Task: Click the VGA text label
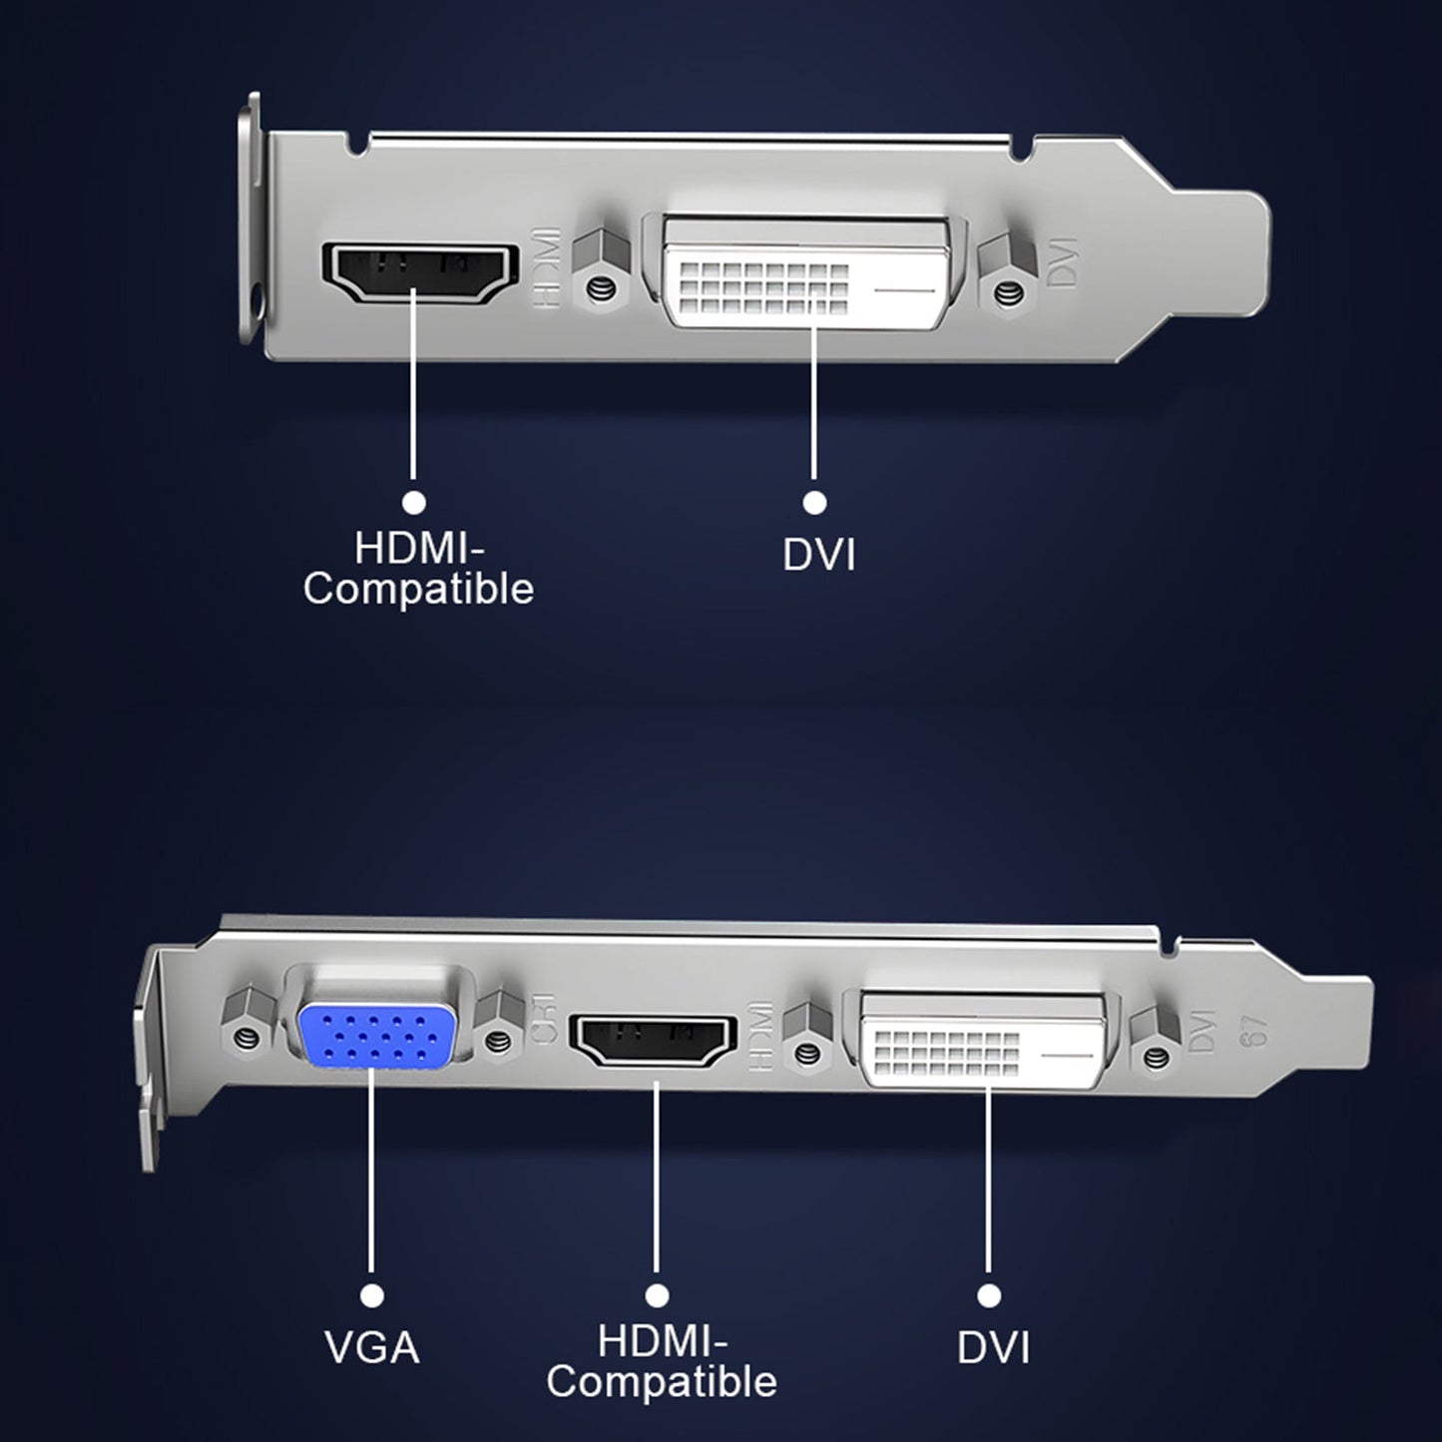371,1347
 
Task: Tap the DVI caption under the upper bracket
818,555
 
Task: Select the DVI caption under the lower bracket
993,1347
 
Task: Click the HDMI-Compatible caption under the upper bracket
418,569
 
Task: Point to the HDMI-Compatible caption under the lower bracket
661,1362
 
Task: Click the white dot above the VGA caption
372,1295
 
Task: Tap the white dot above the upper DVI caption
815,501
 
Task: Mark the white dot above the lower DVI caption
989,1295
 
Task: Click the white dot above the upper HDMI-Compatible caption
413,501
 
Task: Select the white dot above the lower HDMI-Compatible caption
657,1295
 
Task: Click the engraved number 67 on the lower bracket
1253,1030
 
